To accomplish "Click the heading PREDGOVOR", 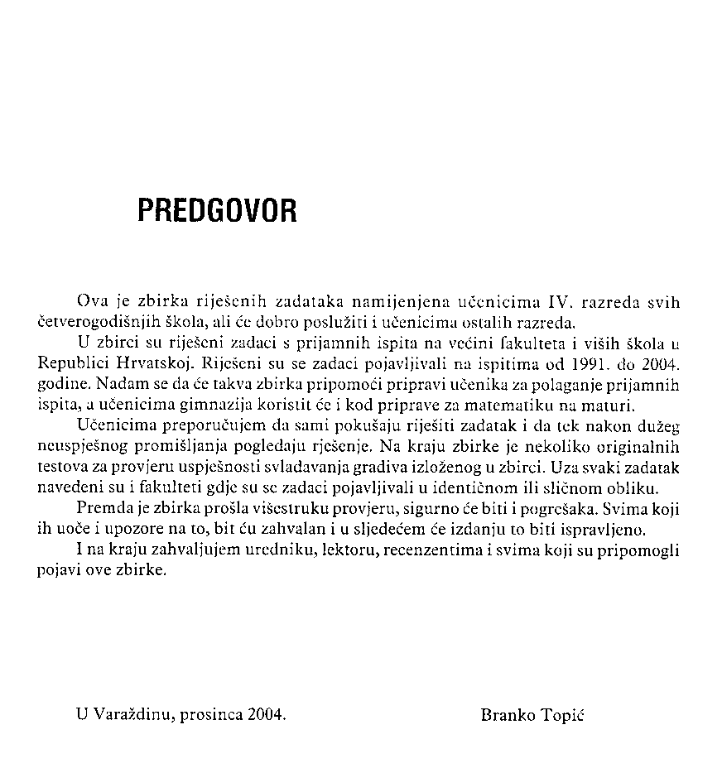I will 217,212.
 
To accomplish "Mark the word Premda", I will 99,507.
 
